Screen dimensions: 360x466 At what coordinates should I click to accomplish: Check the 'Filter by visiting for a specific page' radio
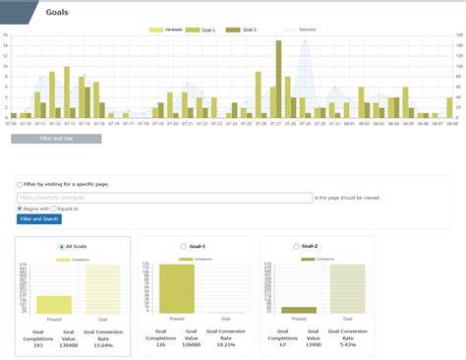[x=20, y=184]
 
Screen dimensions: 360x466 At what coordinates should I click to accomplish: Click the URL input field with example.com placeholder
[x=164, y=198]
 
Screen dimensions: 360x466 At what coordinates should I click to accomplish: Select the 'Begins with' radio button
[x=20, y=209]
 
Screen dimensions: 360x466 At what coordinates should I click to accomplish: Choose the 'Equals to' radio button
[x=54, y=209]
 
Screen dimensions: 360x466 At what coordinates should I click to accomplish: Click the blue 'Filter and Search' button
[x=39, y=218]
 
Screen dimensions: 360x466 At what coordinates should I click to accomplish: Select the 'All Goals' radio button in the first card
[x=62, y=246]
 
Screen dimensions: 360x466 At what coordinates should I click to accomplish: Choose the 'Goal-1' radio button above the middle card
[x=183, y=246]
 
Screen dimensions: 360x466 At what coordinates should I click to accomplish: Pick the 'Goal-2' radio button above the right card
[x=295, y=246]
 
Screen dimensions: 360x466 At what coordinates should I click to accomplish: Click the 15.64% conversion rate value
[x=103, y=345]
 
